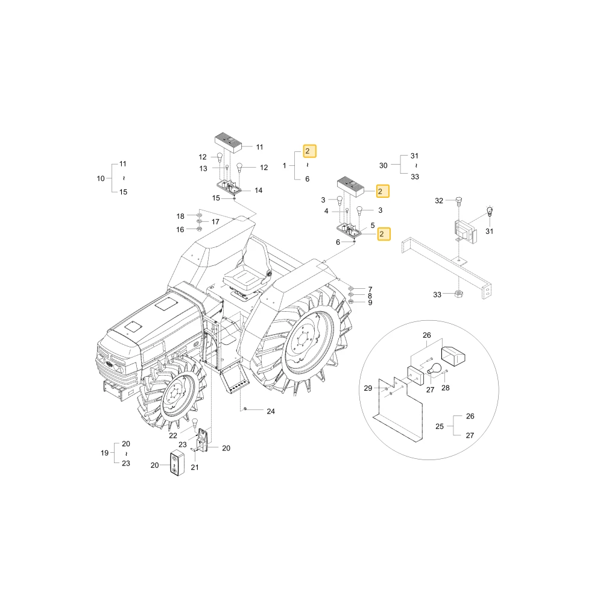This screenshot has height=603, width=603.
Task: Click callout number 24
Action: tap(271, 411)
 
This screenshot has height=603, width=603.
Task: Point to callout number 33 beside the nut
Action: tap(437, 295)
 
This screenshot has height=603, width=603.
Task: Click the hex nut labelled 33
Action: tap(458, 294)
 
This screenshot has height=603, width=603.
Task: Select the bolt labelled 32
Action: tap(458, 200)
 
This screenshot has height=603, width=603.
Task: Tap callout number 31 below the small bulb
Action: tap(489, 232)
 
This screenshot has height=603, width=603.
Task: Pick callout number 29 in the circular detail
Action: tap(368, 388)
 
